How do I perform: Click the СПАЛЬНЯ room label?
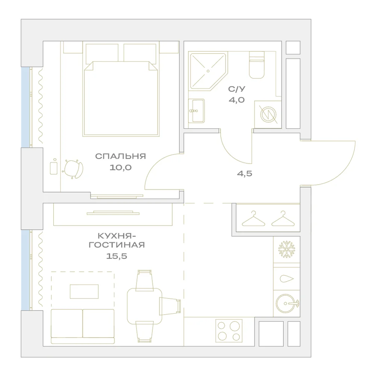120,156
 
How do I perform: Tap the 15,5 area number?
117,256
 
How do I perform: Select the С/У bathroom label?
237,89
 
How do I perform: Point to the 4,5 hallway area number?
245,173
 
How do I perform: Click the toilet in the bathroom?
256,65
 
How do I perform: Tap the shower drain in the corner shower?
208,71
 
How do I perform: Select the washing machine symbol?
268,114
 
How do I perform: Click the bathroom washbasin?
196,111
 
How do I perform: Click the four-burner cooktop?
229,331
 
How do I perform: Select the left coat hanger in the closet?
253,218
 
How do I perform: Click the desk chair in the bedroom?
73,169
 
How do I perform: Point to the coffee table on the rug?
84,292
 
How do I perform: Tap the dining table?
145,306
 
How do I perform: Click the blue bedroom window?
25,108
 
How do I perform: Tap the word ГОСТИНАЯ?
117,245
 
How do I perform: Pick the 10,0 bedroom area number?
121,167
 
